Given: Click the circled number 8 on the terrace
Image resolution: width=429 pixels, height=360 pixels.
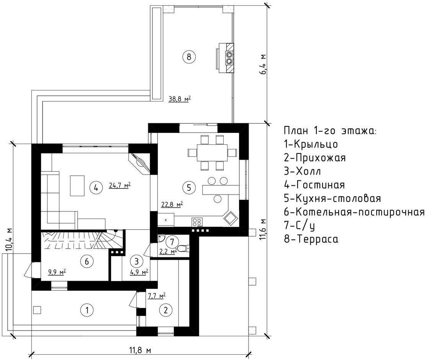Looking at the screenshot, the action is coord(188,57).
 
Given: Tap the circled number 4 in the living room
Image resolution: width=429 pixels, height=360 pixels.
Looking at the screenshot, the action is coord(96,188).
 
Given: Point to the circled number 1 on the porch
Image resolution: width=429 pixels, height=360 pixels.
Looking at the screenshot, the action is coord(87,310).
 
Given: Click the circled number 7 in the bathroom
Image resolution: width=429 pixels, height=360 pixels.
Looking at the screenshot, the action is coord(172,242).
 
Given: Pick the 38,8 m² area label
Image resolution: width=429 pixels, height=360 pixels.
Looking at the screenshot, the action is coord(180,99).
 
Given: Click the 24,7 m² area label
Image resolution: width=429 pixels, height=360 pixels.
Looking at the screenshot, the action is coord(120,185).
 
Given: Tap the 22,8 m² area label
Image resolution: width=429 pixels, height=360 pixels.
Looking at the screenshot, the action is coord(172,205).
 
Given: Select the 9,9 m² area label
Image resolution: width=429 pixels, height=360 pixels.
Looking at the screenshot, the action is coord(57,272).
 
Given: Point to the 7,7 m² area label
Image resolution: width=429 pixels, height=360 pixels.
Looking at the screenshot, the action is coord(157,296).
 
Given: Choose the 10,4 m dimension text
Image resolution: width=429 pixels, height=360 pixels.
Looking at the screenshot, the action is coord(9,239).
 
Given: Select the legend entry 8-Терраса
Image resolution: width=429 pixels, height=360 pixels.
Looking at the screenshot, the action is coord(311,239).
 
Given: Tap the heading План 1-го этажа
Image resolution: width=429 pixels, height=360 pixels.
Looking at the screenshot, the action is coord(330,131).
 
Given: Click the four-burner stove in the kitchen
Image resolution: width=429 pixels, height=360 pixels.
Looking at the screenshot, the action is coord(197,222).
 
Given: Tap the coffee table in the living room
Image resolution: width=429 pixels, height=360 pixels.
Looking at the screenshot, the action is coord(77,186).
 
